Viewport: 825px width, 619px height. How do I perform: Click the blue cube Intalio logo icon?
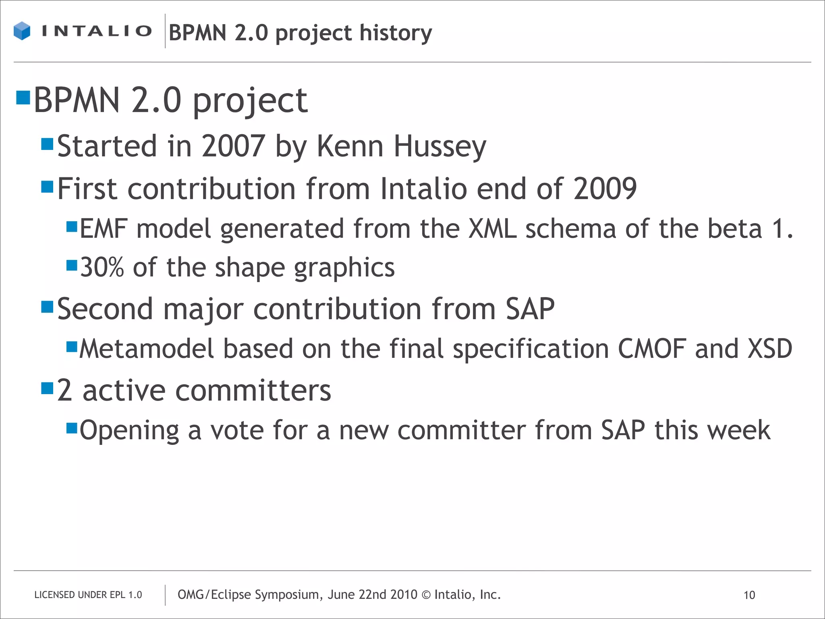coord(22,31)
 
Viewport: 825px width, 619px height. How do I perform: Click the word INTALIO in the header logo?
coord(97,31)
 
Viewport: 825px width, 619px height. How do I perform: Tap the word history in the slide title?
coord(396,33)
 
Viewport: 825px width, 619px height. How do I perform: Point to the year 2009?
coord(605,189)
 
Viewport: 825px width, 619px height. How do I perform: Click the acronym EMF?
coord(104,228)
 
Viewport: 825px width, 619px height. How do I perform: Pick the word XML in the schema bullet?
coord(492,228)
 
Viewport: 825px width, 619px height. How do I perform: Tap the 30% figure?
coord(102,268)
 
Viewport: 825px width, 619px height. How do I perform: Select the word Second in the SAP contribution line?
coord(105,309)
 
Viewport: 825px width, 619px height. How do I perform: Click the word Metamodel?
coord(146,349)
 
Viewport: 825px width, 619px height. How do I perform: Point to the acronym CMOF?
coord(652,349)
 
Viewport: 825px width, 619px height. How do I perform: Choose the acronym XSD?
coord(770,349)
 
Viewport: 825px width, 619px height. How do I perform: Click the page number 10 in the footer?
coord(749,595)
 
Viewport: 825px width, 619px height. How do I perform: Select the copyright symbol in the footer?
coord(426,595)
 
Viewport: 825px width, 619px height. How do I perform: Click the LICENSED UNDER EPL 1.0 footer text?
coord(88,595)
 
